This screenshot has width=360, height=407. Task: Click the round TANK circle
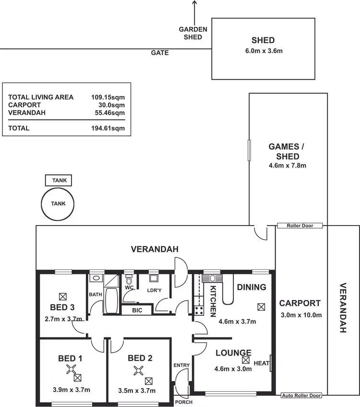pyautogui.click(x=58, y=203)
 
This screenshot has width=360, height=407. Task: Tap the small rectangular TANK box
pyautogui.click(x=58, y=181)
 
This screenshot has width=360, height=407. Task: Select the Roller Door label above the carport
pyautogui.click(x=300, y=226)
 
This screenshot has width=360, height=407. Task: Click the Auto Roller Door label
pyautogui.click(x=301, y=396)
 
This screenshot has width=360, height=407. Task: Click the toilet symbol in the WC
pyautogui.click(x=129, y=279)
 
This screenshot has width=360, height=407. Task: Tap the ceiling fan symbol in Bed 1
pyautogui.click(x=72, y=369)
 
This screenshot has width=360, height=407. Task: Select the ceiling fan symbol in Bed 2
pyautogui.click(x=139, y=370)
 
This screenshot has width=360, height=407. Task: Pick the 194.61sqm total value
pyautogui.click(x=108, y=128)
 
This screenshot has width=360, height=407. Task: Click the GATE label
pyautogui.click(x=160, y=53)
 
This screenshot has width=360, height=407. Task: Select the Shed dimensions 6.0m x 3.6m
pyautogui.click(x=263, y=51)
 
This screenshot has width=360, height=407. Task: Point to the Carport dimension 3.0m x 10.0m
pyautogui.click(x=300, y=315)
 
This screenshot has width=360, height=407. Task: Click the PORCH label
pyautogui.click(x=183, y=402)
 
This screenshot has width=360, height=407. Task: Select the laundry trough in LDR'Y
pyautogui.click(x=154, y=278)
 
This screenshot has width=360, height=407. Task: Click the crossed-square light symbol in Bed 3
pyautogui.click(x=62, y=296)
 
